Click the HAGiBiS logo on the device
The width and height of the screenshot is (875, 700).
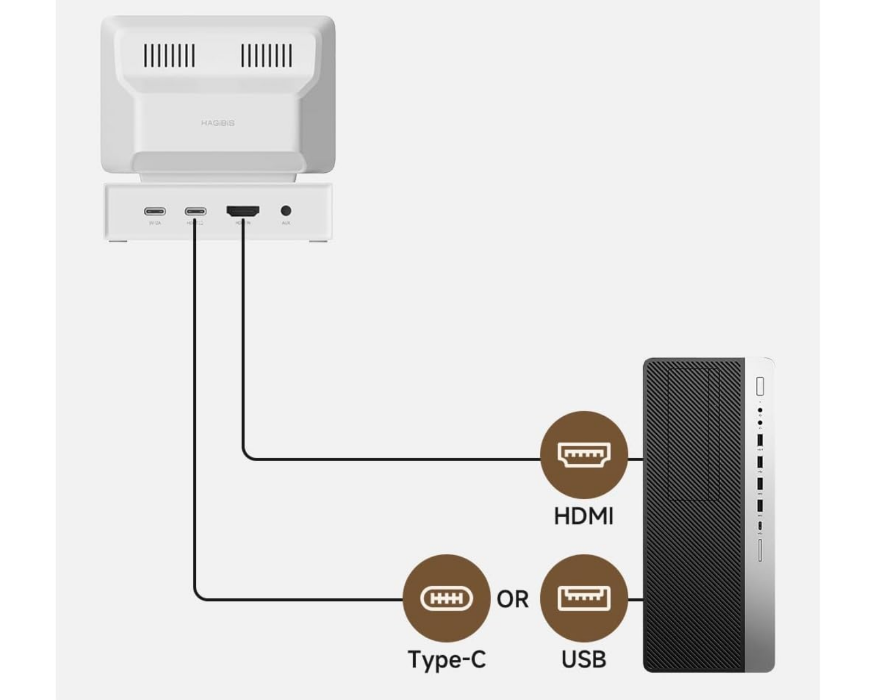218,123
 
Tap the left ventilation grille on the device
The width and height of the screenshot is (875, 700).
169,55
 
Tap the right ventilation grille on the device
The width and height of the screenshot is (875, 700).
266,55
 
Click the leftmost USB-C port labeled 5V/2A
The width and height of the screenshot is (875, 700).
155,211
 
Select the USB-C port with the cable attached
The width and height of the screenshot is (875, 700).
195,211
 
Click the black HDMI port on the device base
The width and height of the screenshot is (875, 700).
243,211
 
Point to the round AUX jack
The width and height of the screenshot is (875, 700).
285,211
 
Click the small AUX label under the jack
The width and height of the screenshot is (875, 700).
285,223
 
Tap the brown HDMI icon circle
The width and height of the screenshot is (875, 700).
584,454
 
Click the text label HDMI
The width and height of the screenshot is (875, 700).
584,516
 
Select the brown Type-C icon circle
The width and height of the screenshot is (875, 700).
446,598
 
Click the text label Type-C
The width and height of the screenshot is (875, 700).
446,660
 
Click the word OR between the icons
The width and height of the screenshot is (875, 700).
512,599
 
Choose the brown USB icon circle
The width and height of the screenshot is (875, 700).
584,598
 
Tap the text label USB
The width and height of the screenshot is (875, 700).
584,660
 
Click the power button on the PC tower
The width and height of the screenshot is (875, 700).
760,386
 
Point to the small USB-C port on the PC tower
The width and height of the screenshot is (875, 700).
760,526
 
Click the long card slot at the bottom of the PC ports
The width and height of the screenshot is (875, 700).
760,550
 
